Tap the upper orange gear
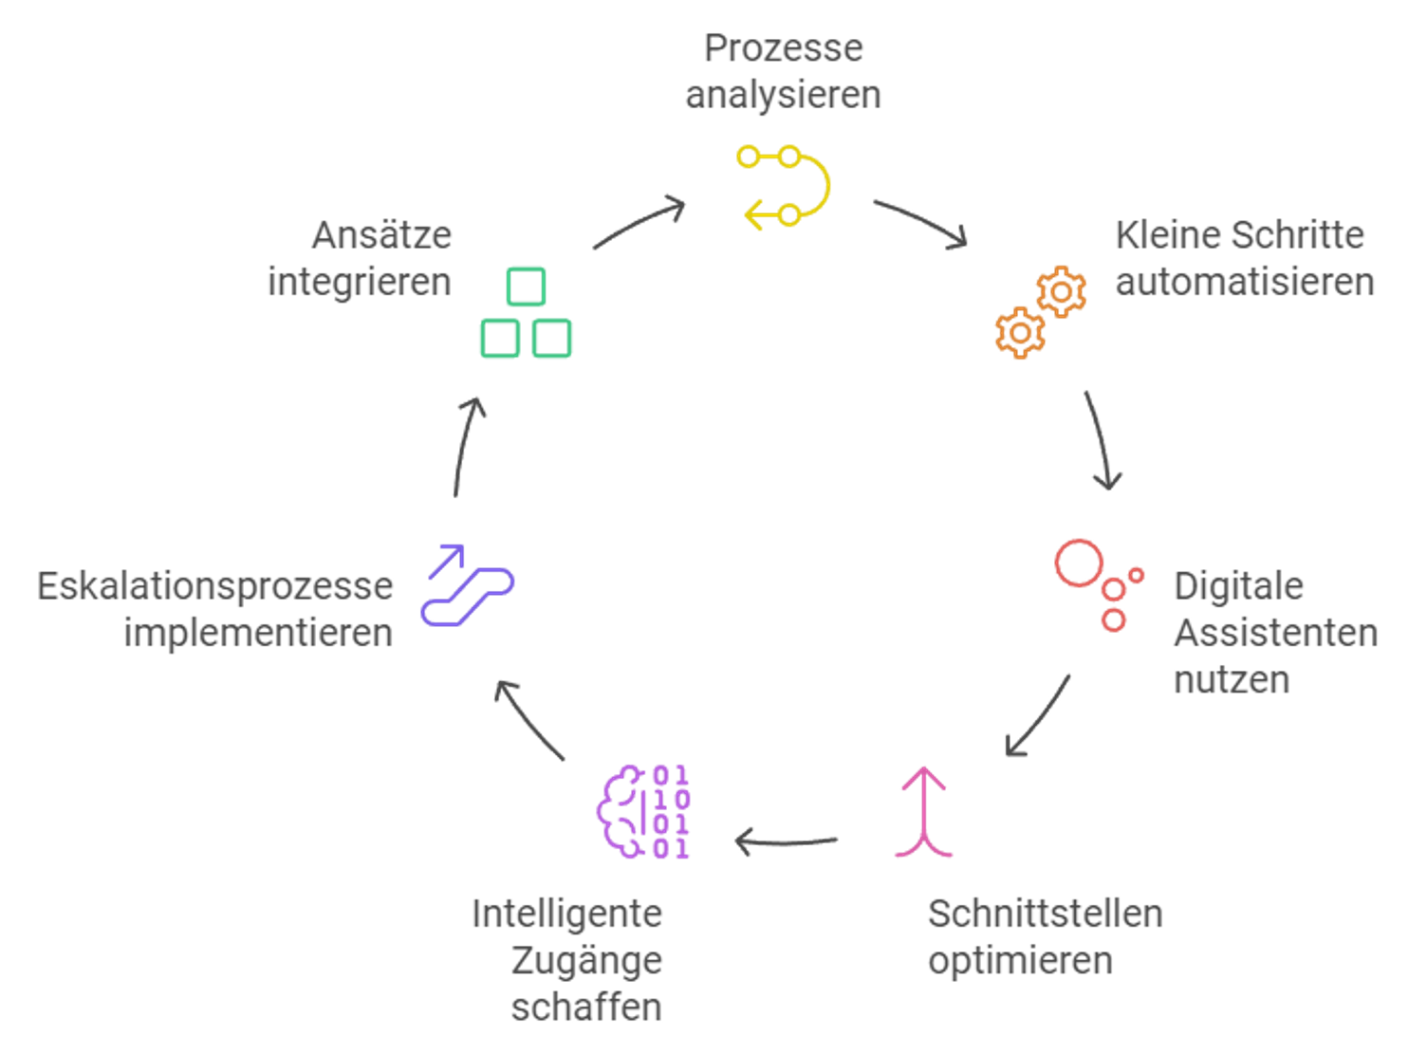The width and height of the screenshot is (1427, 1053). coord(1061,292)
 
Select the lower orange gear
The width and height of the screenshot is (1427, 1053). coord(1020,333)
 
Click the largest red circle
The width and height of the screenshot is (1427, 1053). coord(1079,563)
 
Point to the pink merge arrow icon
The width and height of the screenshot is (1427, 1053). coord(924,812)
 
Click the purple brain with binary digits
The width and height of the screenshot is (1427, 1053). coord(643,812)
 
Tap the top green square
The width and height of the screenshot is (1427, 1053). coord(526,286)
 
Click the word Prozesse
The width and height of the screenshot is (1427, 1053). coord(783,48)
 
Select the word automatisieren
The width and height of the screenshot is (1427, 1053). coord(1245,282)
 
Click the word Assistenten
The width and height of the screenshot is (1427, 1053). coord(1276,633)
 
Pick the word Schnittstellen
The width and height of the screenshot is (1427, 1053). coord(1046,914)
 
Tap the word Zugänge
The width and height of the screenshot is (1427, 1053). coord(586,962)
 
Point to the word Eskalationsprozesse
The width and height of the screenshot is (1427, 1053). coord(214,587)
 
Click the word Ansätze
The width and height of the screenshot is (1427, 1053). coord(382,234)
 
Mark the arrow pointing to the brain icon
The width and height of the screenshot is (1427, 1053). coord(786,841)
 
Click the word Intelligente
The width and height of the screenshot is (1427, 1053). coord(566,914)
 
